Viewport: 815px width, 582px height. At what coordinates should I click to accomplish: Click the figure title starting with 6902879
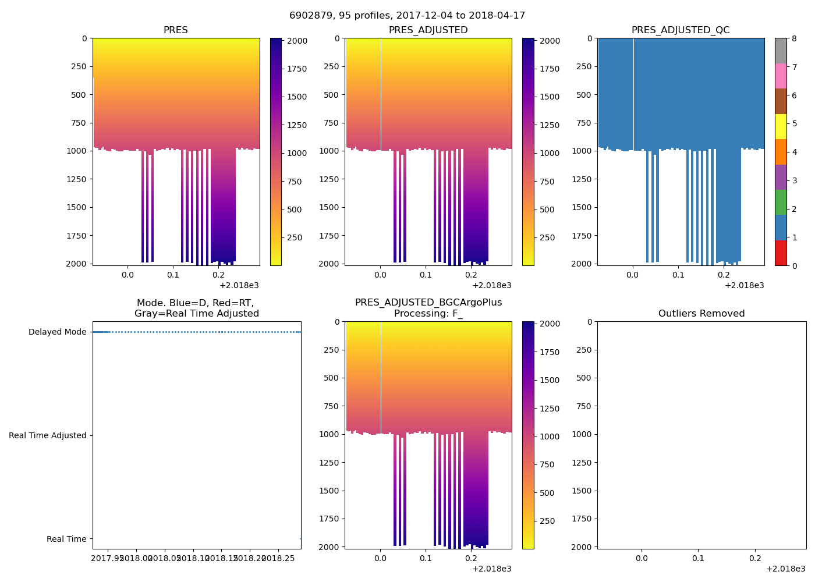407,16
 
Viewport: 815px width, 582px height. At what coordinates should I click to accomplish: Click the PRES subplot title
175,30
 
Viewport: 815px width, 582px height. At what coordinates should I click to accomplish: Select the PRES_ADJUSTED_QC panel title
680,30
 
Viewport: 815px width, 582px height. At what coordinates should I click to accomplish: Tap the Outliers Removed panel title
701,314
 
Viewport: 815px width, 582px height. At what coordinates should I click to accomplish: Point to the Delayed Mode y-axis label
57,332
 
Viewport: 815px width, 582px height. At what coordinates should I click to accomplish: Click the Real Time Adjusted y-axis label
48,436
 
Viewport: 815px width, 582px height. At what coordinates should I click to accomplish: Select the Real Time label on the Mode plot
66,540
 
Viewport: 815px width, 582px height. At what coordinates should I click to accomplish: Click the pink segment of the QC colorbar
781,76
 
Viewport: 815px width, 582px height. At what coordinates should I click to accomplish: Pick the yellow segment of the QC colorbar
781,126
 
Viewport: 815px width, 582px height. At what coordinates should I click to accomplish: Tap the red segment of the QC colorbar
781,253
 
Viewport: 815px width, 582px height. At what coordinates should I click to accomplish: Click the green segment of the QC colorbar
781,202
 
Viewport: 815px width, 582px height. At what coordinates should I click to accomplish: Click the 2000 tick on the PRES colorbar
297,41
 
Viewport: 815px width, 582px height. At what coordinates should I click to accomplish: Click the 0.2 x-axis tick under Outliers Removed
754,558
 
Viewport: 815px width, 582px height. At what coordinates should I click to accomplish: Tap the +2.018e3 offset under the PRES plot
239,285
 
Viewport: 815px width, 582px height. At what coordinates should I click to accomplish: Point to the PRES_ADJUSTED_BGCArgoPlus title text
428,303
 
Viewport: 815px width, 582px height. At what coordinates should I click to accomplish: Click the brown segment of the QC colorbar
781,101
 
